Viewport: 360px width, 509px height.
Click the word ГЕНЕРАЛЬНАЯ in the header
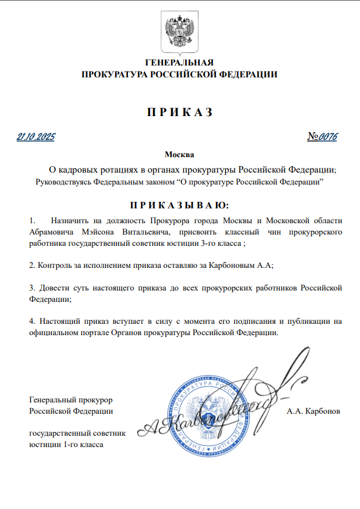[180, 63]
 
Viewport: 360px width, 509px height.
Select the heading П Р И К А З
[179, 113]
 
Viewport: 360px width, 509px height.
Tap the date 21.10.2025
[36, 137]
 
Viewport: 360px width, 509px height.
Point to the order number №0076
[323, 137]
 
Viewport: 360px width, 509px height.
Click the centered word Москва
[179, 155]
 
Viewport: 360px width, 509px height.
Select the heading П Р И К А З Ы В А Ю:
[179, 205]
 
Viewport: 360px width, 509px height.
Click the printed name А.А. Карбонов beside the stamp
[313, 411]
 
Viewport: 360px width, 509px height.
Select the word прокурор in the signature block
[96, 399]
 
